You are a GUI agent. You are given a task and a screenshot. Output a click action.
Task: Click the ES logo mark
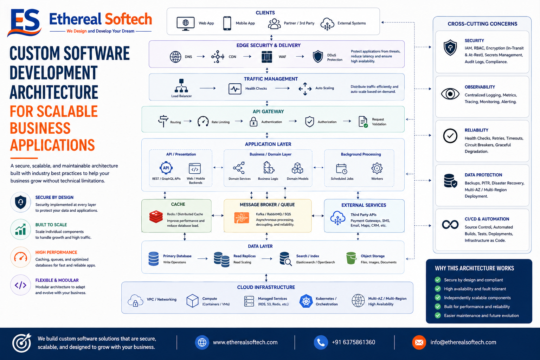pyautogui.click(x=24, y=22)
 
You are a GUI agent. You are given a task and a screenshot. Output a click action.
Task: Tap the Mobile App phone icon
pyautogui.click(x=227, y=24)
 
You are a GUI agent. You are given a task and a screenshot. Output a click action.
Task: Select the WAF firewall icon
pyautogui.click(x=267, y=57)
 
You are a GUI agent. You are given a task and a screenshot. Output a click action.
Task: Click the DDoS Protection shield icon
pyautogui.click(x=318, y=57)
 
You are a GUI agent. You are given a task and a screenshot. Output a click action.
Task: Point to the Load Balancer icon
pyautogui.click(x=181, y=85)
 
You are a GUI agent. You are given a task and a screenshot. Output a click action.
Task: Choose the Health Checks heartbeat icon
pyautogui.click(x=235, y=89)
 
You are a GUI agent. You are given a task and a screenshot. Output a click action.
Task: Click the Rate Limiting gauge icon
pyautogui.click(x=203, y=122)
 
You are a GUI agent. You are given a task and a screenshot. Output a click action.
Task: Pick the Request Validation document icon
pyautogui.click(x=363, y=122)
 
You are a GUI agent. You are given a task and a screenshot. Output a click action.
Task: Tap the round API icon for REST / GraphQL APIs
pyautogui.click(x=166, y=168)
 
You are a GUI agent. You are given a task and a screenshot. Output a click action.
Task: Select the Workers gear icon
pyautogui.click(x=377, y=168)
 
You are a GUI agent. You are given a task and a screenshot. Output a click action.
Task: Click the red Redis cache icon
pyautogui.click(x=156, y=217)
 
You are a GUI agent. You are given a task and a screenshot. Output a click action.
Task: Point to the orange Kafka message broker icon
pyautogui.click(x=242, y=218)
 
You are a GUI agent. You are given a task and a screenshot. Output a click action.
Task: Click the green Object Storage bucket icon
pyautogui.click(x=351, y=258)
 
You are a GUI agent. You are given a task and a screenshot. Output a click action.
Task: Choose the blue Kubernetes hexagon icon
pyautogui.click(x=306, y=301)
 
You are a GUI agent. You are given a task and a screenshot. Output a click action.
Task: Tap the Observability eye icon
pyautogui.click(x=450, y=94)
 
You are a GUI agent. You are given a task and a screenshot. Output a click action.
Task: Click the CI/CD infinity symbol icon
pyautogui.click(x=450, y=225)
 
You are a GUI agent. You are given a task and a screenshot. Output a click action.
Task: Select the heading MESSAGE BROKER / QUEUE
pyautogui.click(x=267, y=205)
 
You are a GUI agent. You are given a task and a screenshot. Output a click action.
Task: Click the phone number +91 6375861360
pyautogui.click(x=353, y=342)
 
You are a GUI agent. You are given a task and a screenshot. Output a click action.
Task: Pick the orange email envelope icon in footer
pyautogui.click(x=419, y=342)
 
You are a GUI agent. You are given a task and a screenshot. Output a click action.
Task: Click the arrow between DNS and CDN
pyautogui.click(x=201, y=57)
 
